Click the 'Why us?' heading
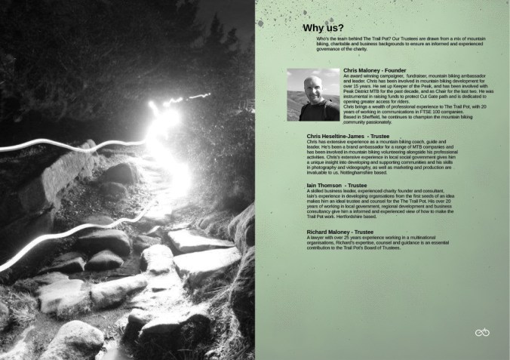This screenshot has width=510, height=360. coord(324,29)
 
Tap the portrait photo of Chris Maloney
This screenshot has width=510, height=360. coord(313,94)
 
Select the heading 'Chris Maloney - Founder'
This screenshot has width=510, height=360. coord(374,71)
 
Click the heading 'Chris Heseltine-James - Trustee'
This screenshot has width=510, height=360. coord(348,137)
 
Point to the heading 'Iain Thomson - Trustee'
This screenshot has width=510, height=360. coord(336,186)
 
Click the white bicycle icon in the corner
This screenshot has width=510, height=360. coord(482,333)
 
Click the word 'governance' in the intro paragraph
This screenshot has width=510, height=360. coord(317,51)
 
